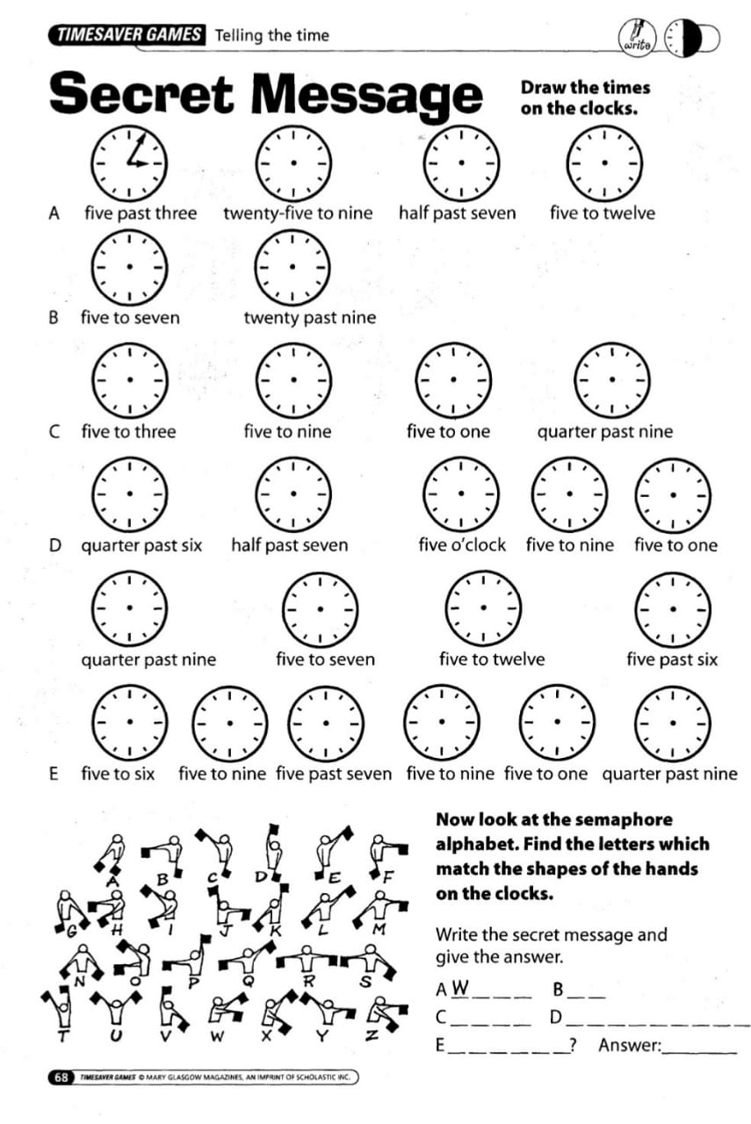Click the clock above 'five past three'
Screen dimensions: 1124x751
point(130,163)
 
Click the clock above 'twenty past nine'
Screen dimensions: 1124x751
point(293,266)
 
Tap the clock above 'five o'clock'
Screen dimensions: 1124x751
point(461,494)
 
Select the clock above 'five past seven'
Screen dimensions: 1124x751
point(325,722)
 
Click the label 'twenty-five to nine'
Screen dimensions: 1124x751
point(298,213)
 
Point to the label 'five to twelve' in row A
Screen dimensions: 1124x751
point(603,213)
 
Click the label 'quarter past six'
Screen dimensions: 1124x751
point(141,545)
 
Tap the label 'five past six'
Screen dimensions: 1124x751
point(672,659)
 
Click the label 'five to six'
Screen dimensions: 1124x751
point(118,774)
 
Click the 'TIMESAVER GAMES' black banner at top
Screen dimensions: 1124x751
point(127,35)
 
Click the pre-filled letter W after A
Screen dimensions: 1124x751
point(460,989)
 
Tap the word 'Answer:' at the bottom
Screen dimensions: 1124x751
point(629,1045)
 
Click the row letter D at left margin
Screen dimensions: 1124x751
point(55,545)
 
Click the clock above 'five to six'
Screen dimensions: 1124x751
point(130,722)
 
